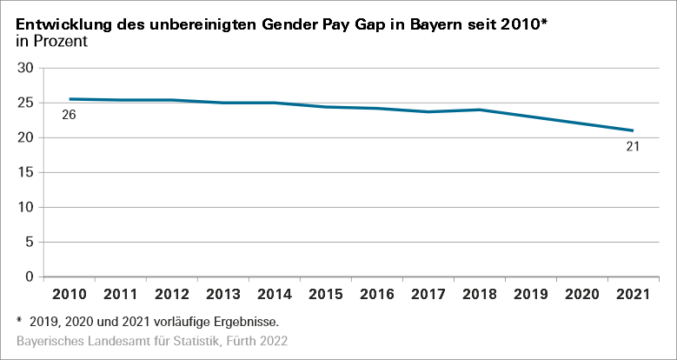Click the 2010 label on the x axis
[70, 295]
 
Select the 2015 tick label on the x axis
[326, 295]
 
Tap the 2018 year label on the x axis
[480, 295]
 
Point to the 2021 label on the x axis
[633, 295]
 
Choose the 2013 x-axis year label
[223, 295]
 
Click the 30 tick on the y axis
[25, 68]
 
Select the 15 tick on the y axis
[25, 172]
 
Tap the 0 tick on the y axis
[29, 277]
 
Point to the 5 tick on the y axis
[29, 242]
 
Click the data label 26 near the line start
[70, 114]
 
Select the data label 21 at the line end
[633, 146]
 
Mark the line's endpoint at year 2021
[633, 130]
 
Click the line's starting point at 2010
[70, 99]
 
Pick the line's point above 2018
[480, 110]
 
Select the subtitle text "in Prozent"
[52, 42]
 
